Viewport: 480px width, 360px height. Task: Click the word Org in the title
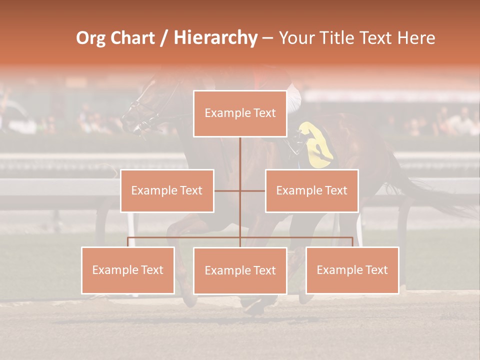(x=90, y=38)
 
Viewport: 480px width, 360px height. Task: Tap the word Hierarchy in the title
(x=215, y=38)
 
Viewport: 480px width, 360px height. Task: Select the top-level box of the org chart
(x=240, y=113)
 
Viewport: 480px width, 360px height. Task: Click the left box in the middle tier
(x=167, y=190)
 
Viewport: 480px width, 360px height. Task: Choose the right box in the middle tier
(x=312, y=190)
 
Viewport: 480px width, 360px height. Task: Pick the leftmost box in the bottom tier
(x=128, y=270)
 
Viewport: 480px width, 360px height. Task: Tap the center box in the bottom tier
(x=240, y=270)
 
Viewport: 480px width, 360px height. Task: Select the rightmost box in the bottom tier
(x=352, y=270)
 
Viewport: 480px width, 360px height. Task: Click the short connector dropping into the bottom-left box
(x=128, y=242)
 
